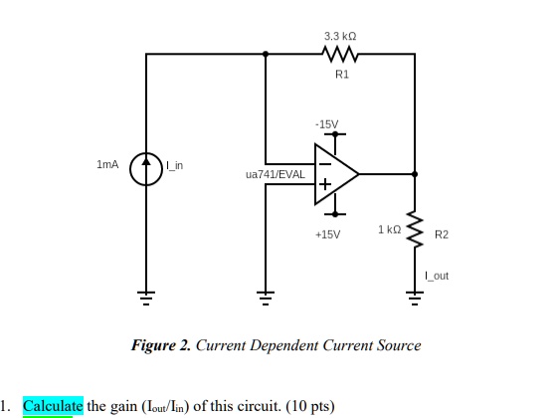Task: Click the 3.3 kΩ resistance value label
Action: click(340, 36)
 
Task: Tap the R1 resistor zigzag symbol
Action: click(340, 54)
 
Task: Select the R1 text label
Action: click(342, 75)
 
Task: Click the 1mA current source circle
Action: click(146, 169)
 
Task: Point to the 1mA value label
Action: click(107, 164)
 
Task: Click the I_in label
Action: click(174, 165)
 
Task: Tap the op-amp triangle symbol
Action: click(336, 174)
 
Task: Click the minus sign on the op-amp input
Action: click(324, 164)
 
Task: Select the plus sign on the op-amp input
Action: click(324, 184)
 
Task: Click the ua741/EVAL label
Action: click(276, 174)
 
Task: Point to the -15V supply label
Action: click(326, 124)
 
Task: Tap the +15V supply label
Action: click(328, 235)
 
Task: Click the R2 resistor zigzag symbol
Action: click(415, 229)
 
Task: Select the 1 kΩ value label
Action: click(390, 230)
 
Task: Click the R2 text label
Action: click(442, 235)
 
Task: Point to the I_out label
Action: click(437, 276)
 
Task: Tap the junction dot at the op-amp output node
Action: click(415, 174)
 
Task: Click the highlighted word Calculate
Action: click(53, 406)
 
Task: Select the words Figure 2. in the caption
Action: click(161, 345)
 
